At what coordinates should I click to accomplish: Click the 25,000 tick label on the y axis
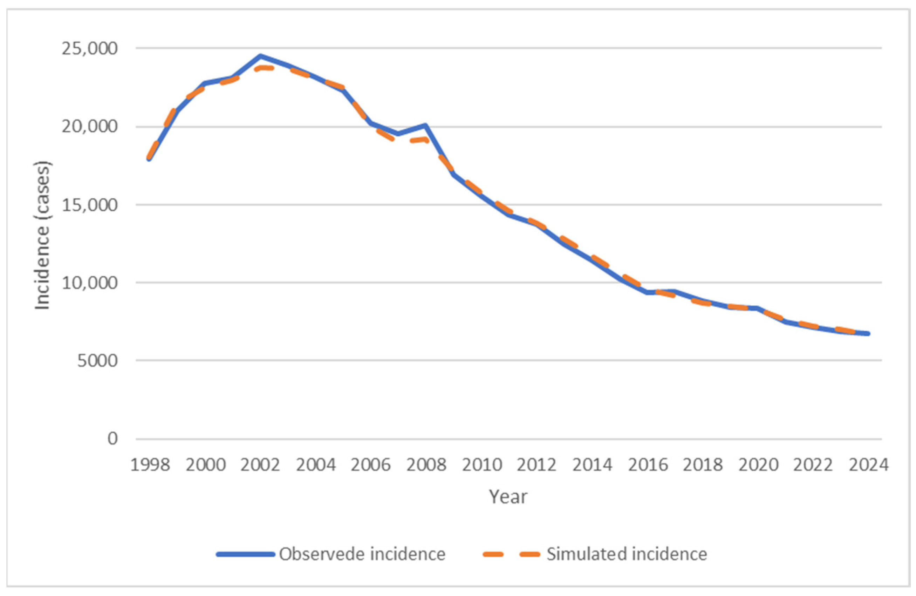point(89,49)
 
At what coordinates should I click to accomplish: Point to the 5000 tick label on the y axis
point(97,361)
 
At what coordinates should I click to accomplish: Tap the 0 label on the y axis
point(112,439)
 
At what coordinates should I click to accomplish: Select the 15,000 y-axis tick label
point(89,205)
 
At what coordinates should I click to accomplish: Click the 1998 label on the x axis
point(150,465)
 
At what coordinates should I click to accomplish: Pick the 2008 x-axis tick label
point(426,465)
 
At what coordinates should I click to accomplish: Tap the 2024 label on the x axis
point(869,465)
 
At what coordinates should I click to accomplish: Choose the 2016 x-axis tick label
point(647,465)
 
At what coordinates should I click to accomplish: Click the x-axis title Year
point(508,497)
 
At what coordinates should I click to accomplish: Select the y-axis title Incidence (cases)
point(42,236)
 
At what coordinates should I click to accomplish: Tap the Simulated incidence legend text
point(627,554)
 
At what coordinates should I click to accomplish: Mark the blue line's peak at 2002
point(261,56)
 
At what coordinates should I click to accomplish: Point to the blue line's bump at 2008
point(426,125)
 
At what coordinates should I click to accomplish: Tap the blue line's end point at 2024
point(868,333)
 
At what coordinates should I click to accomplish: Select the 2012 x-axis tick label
point(536,465)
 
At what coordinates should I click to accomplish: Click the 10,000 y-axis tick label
point(89,283)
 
